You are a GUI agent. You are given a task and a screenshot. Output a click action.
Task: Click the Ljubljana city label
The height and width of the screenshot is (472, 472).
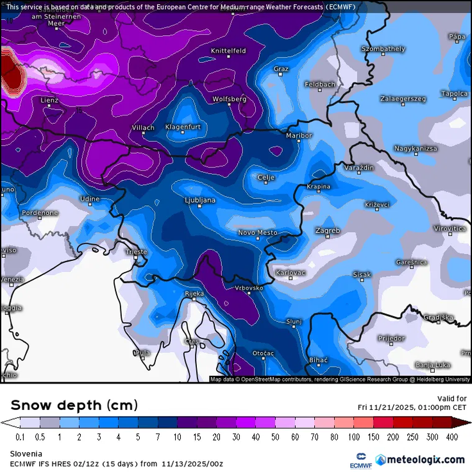coord(199,201)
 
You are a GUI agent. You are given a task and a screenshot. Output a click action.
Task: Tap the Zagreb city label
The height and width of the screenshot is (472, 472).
coord(328,230)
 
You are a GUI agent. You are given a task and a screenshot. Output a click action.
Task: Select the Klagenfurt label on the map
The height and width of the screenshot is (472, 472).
coord(183,127)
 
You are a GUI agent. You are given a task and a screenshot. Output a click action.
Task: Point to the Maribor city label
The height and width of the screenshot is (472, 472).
coord(299,135)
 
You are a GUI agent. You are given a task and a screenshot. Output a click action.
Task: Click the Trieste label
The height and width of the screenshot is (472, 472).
coord(135,252)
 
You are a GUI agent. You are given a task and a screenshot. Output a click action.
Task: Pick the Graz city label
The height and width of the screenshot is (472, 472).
coord(281,69)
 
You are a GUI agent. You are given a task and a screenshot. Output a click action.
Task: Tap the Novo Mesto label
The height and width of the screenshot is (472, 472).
coord(257,233)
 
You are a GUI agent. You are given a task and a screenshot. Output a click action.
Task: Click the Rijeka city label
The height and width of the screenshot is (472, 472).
coord(194,294)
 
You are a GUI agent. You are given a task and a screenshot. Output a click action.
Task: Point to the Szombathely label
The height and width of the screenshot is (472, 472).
coord(383,49)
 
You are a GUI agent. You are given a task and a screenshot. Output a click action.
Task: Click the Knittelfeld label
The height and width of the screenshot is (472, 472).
coord(228,51)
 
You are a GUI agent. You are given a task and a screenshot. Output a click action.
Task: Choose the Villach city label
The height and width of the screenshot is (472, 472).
coord(142,128)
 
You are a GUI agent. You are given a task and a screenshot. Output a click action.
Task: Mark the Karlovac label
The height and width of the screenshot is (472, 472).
coord(291,273)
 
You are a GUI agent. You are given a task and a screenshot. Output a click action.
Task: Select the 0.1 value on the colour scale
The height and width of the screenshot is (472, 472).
coord(20,437)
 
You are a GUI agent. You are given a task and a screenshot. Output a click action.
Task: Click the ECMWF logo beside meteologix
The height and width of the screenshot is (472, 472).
coord(360,459)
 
